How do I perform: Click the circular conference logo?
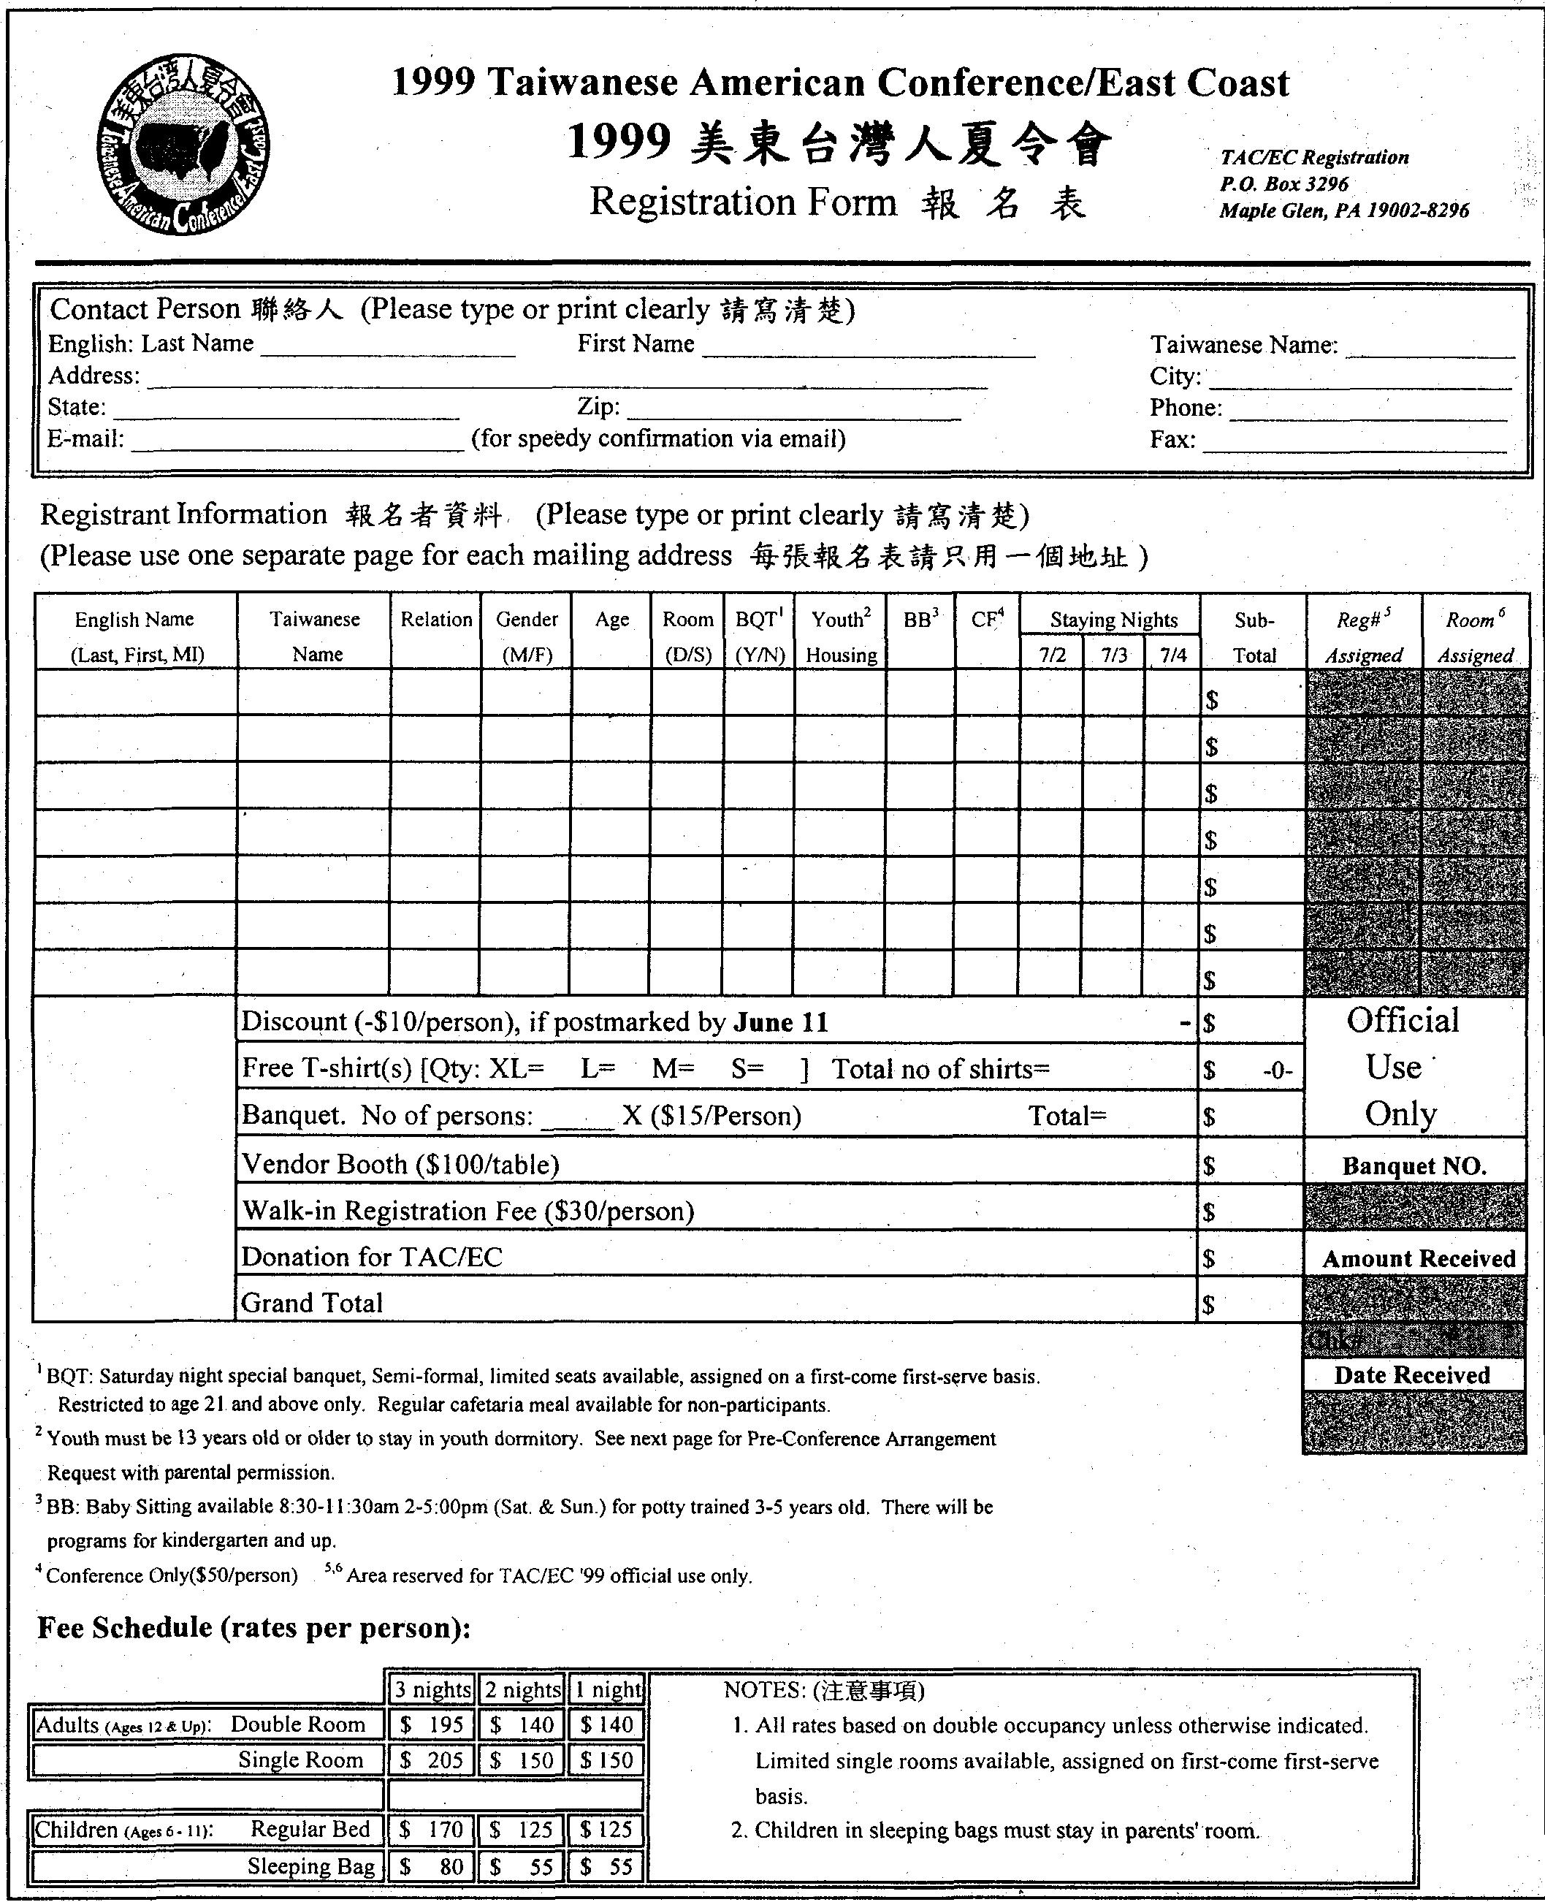pyautogui.click(x=183, y=144)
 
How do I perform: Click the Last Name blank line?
pyautogui.click(x=388, y=351)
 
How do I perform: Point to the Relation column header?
pyautogui.click(x=436, y=620)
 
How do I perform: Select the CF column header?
pyautogui.click(x=986, y=620)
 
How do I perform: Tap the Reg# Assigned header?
pyautogui.click(x=1363, y=637)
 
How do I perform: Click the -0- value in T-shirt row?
pyautogui.click(x=1277, y=1070)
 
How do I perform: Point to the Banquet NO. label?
pyautogui.click(x=1414, y=1167)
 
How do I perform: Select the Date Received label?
pyautogui.click(x=1411, y=1375)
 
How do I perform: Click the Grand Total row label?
pyautogui.click(x=313, y=1303)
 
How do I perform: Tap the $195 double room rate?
pyautogui.click(x=432, y=1725)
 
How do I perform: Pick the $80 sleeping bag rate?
pyautogui.click(x=432, y=1866)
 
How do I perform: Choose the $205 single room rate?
pyautogui.click(x=432, y=1760)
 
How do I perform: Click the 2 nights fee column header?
pyautogui.click(x=522, y=1689)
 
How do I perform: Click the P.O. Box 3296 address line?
pyautogui.click(x=1283, y=184)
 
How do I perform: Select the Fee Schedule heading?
pyautogui.click(x=253, y=1628)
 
